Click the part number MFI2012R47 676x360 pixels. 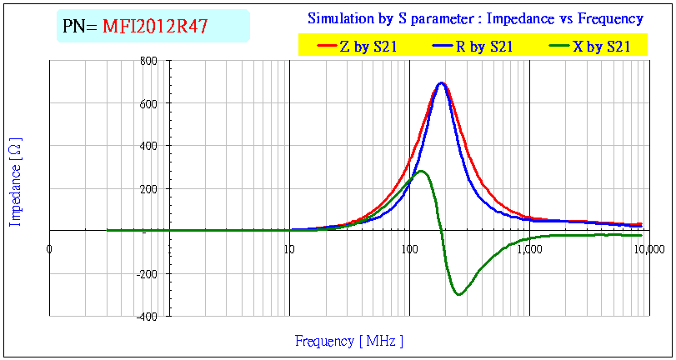click(155, 27)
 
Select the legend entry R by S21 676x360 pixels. click(484, 47)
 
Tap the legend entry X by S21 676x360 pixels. click(601, 47)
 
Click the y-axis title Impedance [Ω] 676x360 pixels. click(15, 182)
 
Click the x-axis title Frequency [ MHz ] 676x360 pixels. click(349, 341)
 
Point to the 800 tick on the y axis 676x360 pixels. click(149, 61)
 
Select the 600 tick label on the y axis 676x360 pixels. click(149, 103)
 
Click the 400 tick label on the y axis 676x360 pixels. click(149, 146)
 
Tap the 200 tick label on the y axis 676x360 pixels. click(149, 188)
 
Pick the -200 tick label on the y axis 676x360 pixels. click(148, 273)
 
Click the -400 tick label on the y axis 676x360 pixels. click(148, 316)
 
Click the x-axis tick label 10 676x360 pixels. click(288, 247)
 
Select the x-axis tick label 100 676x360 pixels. click(408, 247)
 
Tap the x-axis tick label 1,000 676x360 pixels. click(529, 247)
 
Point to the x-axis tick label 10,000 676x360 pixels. click(649, 247)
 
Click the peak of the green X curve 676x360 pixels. click(422, 171)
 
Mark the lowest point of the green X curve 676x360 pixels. click(459, 294)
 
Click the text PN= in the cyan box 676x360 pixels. click(80, 27)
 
